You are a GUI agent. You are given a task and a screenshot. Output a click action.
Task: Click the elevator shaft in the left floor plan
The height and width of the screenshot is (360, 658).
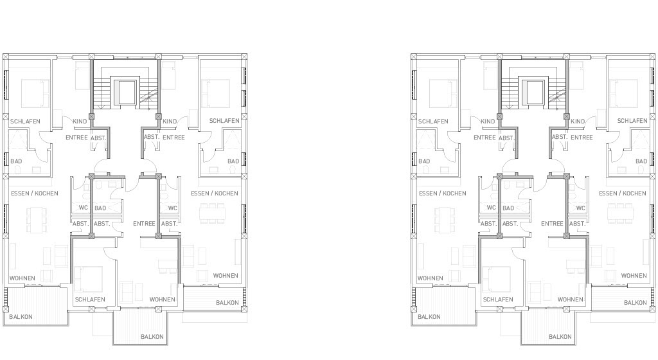125,93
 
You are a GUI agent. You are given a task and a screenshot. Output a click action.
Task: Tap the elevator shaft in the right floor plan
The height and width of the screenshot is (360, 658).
533,93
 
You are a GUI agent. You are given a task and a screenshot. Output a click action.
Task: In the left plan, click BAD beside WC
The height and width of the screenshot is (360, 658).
100,208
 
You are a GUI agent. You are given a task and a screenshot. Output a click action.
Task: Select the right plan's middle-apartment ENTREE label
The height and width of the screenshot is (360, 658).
552,224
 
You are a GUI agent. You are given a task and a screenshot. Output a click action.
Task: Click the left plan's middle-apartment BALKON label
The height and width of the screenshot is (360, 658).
152,336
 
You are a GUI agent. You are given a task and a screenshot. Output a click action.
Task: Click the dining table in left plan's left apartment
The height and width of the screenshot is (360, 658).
35,221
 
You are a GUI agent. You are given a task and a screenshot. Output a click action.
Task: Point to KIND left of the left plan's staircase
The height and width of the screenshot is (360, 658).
80,122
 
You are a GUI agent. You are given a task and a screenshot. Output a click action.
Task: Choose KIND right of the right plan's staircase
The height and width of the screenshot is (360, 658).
578,122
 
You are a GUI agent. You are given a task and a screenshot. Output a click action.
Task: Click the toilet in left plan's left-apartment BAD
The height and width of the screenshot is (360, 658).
18,169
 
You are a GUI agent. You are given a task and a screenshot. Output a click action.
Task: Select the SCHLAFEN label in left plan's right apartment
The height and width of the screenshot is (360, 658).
224,121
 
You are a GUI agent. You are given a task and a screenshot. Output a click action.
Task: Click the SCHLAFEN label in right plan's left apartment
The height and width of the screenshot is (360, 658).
433,122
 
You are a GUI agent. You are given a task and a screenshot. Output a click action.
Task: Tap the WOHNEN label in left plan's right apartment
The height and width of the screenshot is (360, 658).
226,276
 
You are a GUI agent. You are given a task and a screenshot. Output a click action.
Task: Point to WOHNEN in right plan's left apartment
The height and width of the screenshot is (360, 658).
430,278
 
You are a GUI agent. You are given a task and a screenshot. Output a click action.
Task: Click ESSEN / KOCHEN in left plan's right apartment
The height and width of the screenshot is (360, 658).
215,194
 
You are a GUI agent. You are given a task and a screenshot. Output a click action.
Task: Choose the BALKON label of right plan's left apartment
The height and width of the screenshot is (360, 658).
429,317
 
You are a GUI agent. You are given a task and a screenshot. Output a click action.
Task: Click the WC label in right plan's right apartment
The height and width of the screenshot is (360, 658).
581,208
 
